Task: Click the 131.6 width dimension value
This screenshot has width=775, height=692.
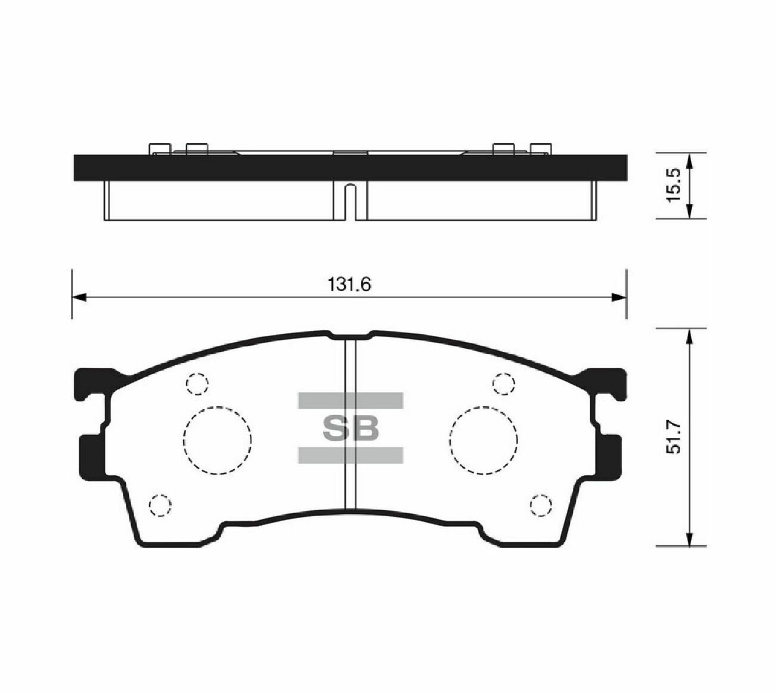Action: (x=349, y=285)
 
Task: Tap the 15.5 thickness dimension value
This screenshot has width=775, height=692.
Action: (x=674, y=186)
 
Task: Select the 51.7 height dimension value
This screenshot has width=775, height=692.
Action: (x=674, y=437)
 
